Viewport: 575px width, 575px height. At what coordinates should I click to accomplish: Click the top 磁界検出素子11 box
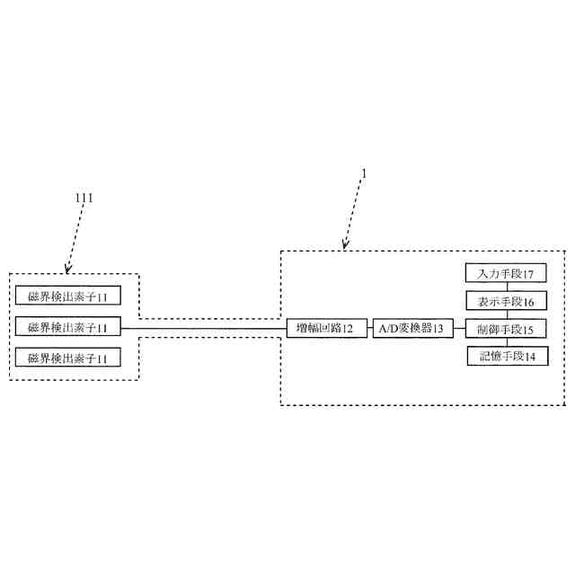pos(68,297)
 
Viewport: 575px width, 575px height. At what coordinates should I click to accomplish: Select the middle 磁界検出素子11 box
pos(68,328)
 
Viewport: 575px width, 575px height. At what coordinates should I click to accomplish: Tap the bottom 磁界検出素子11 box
pos(68,358)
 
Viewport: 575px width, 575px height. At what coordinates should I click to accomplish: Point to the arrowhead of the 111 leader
pos(67,270)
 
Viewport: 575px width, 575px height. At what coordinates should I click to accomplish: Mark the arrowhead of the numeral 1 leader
pos(344,246)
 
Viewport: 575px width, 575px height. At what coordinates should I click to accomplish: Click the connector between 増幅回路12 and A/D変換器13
pos(370,329)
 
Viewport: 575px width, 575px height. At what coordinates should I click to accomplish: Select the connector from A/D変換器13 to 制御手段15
pos(459,329)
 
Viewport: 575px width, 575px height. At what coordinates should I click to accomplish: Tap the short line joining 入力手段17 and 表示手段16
pos(506,287)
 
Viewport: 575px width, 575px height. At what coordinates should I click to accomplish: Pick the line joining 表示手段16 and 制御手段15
pos(506,314)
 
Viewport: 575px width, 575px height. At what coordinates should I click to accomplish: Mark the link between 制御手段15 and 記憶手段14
pos(506,342)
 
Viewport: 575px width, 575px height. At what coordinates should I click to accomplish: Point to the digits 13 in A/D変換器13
pos(438,330)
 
